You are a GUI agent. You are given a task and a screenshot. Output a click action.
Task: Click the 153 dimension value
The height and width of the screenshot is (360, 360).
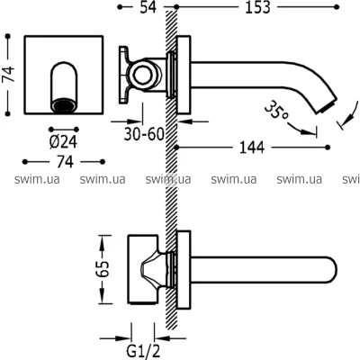tap(257, 7)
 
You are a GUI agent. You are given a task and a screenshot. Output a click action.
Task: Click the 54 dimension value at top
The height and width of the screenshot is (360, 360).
tap(148, 7)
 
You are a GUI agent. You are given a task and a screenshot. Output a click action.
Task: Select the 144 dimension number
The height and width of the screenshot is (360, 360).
tap(252, 148)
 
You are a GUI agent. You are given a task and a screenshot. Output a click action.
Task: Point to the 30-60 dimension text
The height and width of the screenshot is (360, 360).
tap(144, 134)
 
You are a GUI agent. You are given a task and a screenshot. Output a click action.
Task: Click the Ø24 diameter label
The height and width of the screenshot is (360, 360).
tap(63, 142)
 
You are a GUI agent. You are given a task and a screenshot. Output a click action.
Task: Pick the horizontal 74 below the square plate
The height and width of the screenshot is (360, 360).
tap(65, 162)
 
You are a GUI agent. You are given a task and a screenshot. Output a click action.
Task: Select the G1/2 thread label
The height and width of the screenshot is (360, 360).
tap(142, 351)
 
